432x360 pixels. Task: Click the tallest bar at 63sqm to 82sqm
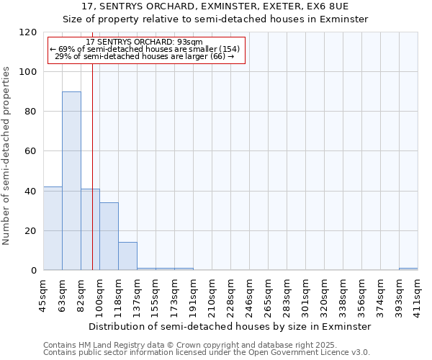click(71, 181)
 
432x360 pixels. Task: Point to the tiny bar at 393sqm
click(408, 269)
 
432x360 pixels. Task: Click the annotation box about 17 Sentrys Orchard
click(147, 50)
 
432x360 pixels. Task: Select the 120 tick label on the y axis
click(28, 32)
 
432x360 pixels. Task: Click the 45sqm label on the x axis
click(44, 296)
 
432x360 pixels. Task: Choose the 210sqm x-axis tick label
click(212, 296)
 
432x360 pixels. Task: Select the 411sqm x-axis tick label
click(418, 296)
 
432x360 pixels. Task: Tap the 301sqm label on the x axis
click(305, 296)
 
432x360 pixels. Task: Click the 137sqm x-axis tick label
click(138, 296)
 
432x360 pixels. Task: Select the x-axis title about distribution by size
click(230, 326)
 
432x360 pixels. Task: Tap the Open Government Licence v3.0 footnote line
click(207, 353)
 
